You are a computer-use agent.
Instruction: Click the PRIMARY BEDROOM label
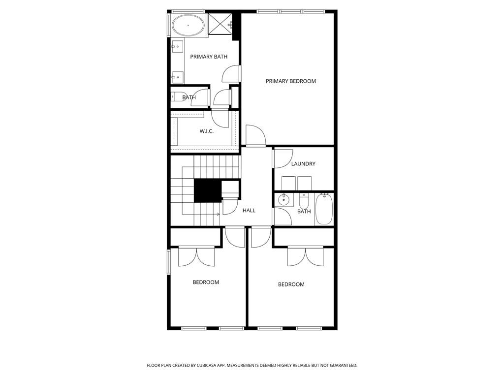290,81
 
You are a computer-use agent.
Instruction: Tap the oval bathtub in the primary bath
188,25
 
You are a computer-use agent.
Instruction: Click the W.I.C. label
206,131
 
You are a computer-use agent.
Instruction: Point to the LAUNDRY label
303,164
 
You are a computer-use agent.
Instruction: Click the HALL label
249,211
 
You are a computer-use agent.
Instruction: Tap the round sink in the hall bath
283,200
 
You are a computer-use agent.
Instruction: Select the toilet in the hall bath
304,201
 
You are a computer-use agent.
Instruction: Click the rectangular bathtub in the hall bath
324,209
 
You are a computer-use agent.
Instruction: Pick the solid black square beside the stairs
207,190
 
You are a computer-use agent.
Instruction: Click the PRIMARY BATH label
209,57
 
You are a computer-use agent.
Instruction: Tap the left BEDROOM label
205,283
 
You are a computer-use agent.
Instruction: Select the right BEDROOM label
291,284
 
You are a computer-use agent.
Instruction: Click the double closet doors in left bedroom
196,255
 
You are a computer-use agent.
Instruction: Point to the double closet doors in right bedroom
306,255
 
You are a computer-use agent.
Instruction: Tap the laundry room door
283,158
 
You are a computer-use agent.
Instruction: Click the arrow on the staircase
218,214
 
